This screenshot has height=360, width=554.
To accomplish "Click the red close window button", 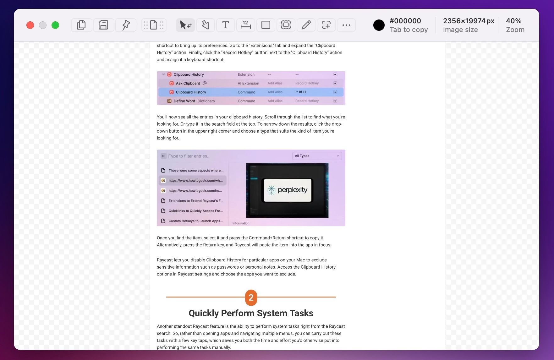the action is pos(30,25).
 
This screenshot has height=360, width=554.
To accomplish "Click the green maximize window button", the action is pos(55,25).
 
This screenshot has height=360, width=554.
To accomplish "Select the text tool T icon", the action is pos(225,25).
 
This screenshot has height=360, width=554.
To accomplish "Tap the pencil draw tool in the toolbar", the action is pos(306,25).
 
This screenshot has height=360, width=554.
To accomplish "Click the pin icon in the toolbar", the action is pos(126,25).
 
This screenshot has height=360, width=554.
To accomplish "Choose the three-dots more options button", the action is pos(346,25).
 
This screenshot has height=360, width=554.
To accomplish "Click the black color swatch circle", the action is pos(379,25).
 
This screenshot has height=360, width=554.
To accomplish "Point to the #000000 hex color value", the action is pos(405,21).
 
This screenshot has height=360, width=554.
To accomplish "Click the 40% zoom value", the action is pos(514,21).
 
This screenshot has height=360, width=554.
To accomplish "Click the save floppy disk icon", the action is pos(103,25).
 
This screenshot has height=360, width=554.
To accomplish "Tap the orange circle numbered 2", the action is pos(251,297).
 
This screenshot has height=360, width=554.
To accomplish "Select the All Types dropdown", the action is pos(317,156).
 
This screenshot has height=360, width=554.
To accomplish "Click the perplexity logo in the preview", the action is pos(288,190).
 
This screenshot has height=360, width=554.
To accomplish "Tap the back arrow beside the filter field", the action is pos(164,156).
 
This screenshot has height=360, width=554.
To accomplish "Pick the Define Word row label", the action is pos(184,101).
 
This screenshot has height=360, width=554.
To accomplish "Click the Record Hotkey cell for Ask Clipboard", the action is pos(307,83).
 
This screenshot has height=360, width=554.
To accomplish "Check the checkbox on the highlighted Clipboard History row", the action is pos(335,92).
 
